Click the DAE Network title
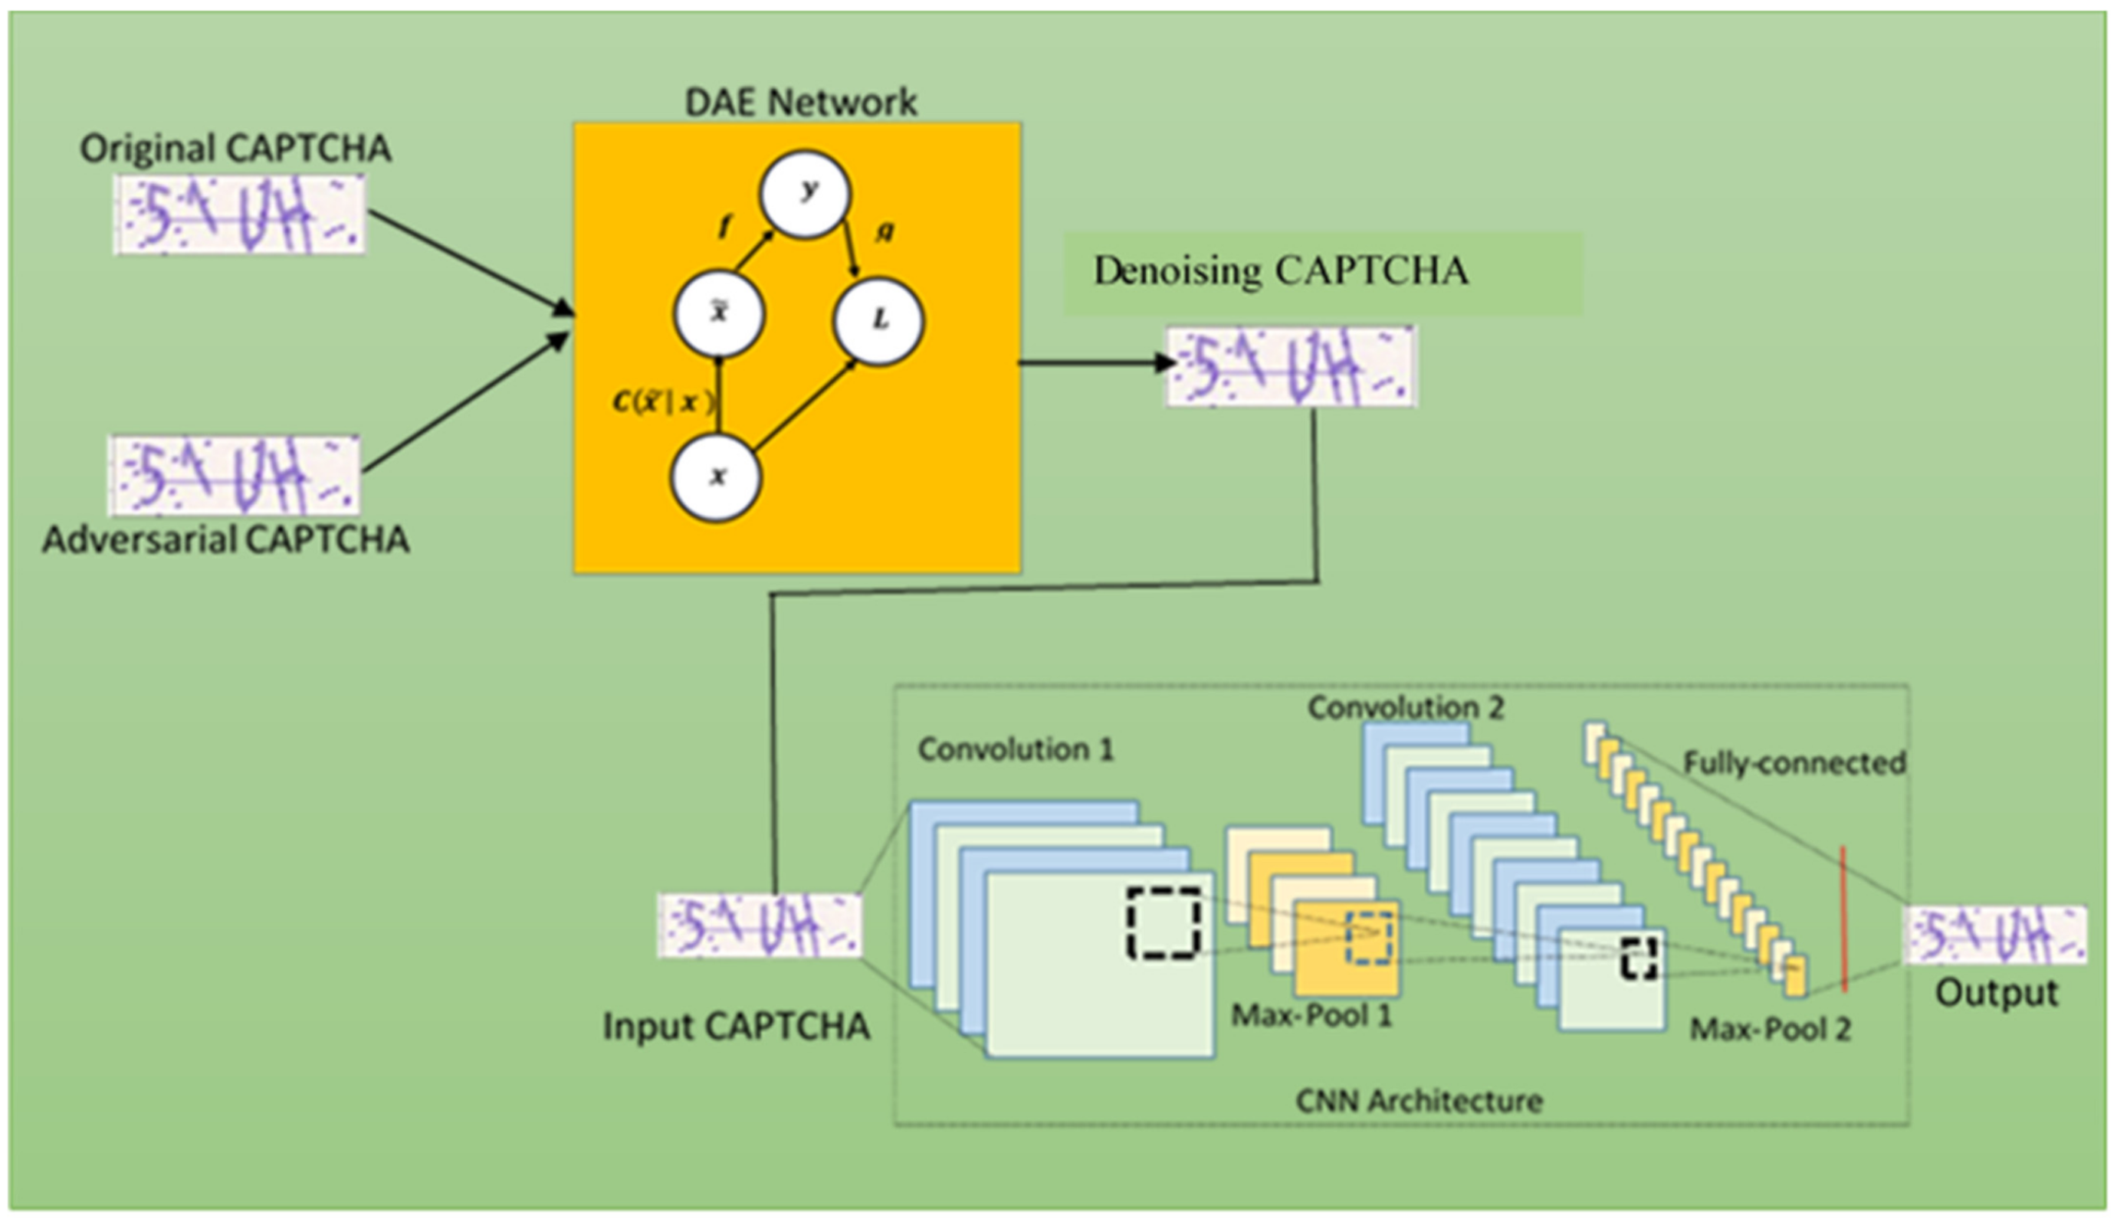tap(801, 103)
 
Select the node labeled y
tap(805, 194)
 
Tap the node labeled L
tap(879, 320)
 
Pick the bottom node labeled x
tap(716, 477)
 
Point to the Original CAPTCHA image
tap(239, 215)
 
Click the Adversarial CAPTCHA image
tap(235, 475)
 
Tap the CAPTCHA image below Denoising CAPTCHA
tap(1292, 367)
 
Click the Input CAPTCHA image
tap(760, 926)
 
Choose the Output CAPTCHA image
tap(1995, 935)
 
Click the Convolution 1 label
tap(1016, 749)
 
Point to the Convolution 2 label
tap(1406, 707)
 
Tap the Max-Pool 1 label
tap(1311, 1016)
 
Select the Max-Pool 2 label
tap(1770, 1029)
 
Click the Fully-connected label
tap(1794, 763)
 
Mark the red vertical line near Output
tap(1844, 919)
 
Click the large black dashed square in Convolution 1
tap(1164, 923)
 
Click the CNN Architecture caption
tap(1419, 1101)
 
